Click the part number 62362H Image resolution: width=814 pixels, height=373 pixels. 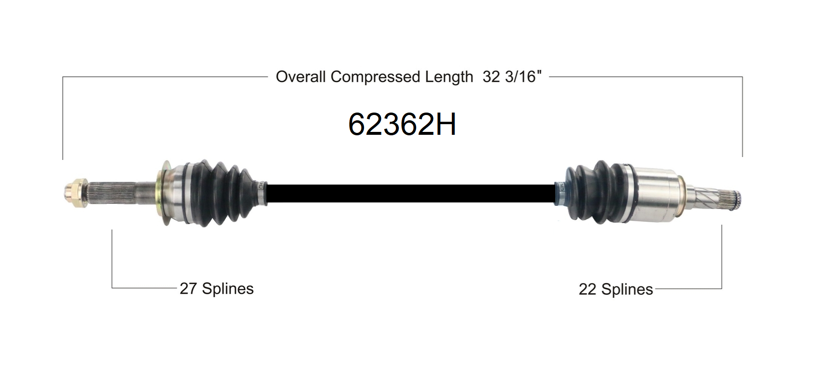pyautogui.click(x=402, y=124)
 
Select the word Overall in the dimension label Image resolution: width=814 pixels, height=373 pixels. pyautogui.click(x=300, y=77)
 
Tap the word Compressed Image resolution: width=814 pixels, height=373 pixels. pyautogui.click(x=375, y=77)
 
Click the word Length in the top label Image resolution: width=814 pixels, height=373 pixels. pyautogui.click(x=449, y=77)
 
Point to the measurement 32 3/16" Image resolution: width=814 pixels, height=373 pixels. pyautogui.click(x=512, y=77)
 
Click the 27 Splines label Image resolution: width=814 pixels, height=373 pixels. pyautogui.click(x=217, y=288)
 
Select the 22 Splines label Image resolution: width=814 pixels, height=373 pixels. pyautogui.click(x=616, y=289)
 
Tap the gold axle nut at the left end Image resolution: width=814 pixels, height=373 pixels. pyautogui.click(x=76, y=193)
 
